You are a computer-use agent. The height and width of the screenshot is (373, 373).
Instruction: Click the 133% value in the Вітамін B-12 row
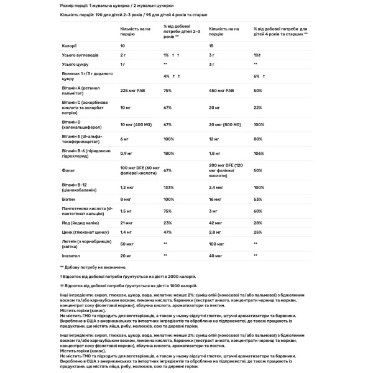click(x=168, y=186)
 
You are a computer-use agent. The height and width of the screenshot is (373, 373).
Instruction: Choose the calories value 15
click(x=212, y=46)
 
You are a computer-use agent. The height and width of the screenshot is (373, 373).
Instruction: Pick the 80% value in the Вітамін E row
click(x=257, y=139)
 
